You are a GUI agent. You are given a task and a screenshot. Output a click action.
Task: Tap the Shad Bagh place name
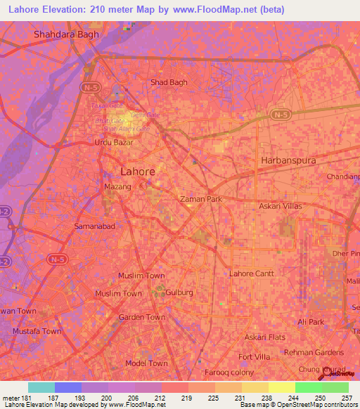[x=169, y=82]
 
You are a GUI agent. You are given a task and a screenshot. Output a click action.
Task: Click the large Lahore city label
[x=138, y=171]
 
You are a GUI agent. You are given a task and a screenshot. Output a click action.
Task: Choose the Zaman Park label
[x=201, y=199]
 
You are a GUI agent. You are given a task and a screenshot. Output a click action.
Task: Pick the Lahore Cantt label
[x=251, y=273]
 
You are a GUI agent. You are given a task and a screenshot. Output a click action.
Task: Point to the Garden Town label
[x=142, y=317]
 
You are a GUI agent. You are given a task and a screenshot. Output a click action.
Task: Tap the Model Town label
[x=146, y=363]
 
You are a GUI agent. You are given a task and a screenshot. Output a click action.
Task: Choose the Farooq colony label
[x=229, y=372]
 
